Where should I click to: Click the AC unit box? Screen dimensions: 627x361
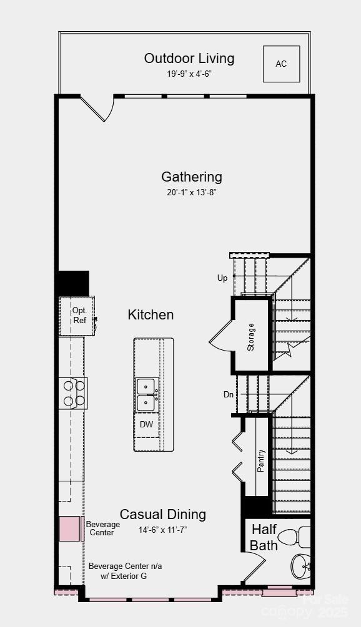coord(281,64)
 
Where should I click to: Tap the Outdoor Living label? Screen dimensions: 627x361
coord(189,59)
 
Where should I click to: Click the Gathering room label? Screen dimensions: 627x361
coord(192,177)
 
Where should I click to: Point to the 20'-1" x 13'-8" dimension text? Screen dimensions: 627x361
coord(192,193)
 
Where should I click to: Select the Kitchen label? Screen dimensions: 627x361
coord(151,314)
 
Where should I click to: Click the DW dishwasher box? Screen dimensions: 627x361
coord(146,425)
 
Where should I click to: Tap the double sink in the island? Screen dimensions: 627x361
coord(146,395)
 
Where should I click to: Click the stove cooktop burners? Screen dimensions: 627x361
coord(72,393)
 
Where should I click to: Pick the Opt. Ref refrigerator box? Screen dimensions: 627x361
coord(78,315)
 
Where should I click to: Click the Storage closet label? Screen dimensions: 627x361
coord(251,337)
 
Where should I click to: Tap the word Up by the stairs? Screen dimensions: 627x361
coord(222,278)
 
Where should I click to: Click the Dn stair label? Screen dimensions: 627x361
coord(229,394)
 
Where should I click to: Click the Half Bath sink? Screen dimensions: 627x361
coord(302,567)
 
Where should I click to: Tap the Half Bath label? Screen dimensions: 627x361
coord(264,537)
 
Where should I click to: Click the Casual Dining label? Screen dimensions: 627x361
coord(163,515)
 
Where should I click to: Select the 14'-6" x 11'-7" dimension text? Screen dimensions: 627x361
coord(162,530)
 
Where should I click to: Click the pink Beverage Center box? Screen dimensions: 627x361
coord(71,528)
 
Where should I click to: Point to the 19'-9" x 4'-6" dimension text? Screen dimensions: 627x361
coord(189,74)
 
